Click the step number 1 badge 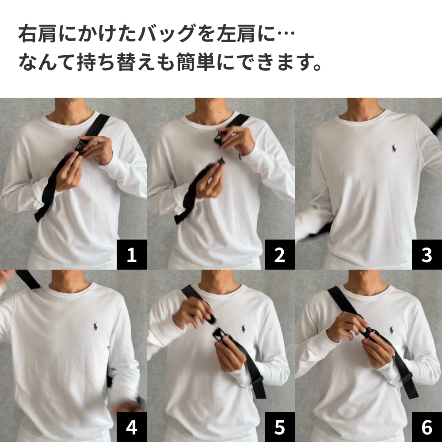[x=131, y=255]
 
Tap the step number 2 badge [x=279, y=255]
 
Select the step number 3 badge [x=427, y=255]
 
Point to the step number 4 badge [x=131, y=427]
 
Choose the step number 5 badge [x=279, y=427]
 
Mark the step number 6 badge [x=427, y=427]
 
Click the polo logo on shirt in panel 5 [x=243, y=328]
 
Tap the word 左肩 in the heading [x=240, y=34]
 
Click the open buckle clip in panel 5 [x=218, y=335]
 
